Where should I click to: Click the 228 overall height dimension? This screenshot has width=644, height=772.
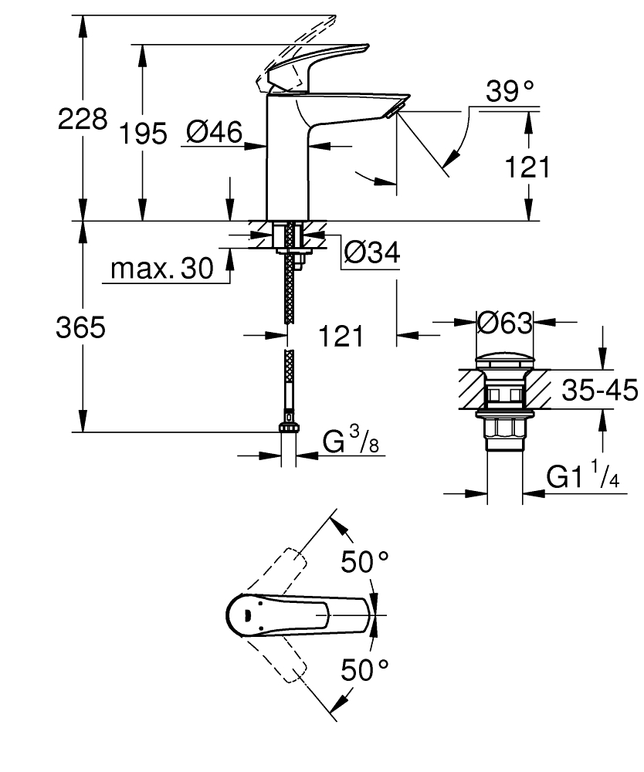point(83,119)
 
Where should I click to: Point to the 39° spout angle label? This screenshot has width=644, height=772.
point(510,92)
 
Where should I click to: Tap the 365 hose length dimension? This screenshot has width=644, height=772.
point(80,328)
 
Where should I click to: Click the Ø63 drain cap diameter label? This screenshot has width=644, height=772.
point(505,323)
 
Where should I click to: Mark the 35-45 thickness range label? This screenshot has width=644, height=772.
point(599,391)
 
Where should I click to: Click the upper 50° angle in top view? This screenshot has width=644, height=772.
point(364,562)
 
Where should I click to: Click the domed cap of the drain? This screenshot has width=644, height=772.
point(504,360)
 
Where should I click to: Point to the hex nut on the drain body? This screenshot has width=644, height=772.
point(504,428)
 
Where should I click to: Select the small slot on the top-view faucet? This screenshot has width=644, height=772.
point(248,615)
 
